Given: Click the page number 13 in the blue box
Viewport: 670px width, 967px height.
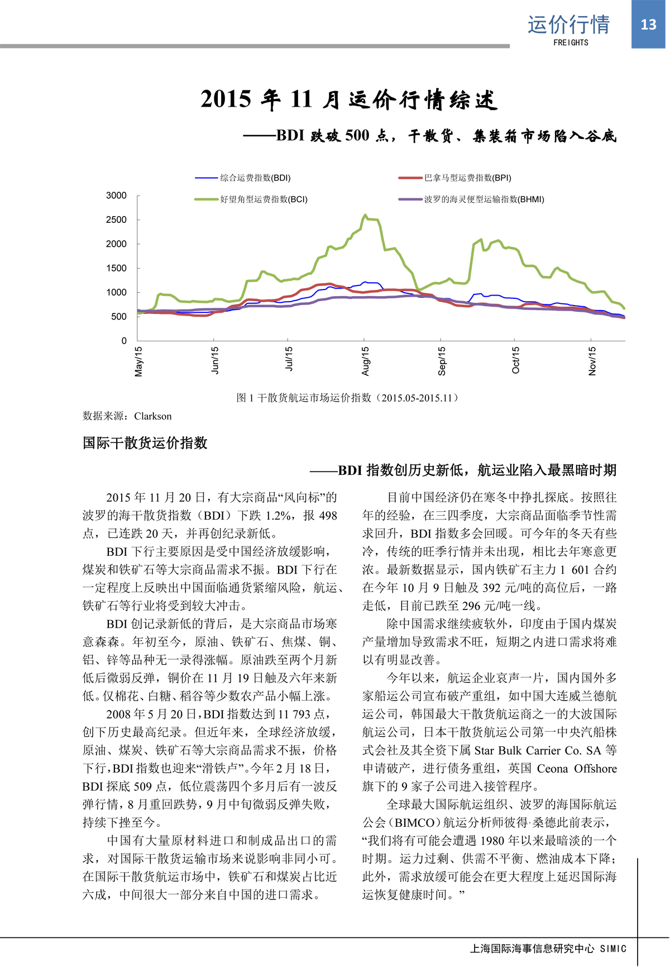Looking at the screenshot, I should [x=648, y=25].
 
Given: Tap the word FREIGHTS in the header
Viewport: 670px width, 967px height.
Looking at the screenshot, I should [x=571, y=42].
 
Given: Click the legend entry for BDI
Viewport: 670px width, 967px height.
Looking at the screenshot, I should [x=255, y=178].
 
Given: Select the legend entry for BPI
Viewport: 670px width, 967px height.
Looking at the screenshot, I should [x=467, y=178].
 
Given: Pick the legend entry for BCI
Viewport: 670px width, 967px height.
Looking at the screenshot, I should [x=263, y=199].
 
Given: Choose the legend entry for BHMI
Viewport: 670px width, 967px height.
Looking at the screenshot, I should [x=484, y=199].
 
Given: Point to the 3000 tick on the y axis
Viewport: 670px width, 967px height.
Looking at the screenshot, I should [x=116, y=196].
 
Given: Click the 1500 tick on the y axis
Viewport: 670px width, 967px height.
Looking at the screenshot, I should [x=116, y=268].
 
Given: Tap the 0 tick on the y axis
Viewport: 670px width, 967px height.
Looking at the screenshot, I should [x=124, y=341].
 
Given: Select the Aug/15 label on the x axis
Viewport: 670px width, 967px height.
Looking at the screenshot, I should [x=366, y=361].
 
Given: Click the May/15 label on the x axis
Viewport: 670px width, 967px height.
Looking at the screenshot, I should [x=139, y=361].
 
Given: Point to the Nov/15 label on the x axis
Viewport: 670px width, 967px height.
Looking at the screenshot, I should [x=592, y=361].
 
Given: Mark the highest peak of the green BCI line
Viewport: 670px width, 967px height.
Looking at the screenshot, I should [x=365, y=215].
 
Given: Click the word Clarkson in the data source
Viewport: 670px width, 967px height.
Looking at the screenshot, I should [x=153, y=416].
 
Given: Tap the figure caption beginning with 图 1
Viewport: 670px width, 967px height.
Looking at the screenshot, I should [x=348, y=398].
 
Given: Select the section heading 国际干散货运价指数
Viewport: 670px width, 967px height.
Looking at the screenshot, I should [x=145, y=443].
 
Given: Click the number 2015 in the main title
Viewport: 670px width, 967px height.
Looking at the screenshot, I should [x=226, y=99].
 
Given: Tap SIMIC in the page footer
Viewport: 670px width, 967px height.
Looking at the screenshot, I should [x=613, y=949].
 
